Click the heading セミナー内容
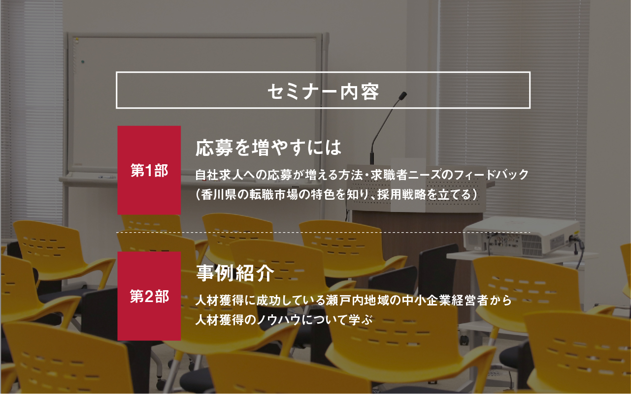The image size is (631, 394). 323,91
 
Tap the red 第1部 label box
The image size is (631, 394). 149,170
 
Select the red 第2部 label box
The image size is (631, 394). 149,296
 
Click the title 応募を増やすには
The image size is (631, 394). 268,148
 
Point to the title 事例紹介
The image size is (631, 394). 235,273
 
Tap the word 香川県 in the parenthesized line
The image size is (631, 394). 219,194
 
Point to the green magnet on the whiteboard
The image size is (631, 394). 83,61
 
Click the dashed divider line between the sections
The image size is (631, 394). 323,233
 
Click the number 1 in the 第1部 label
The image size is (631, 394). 150,170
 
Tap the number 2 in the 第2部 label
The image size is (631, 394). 150,297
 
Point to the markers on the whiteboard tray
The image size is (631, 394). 106,177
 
